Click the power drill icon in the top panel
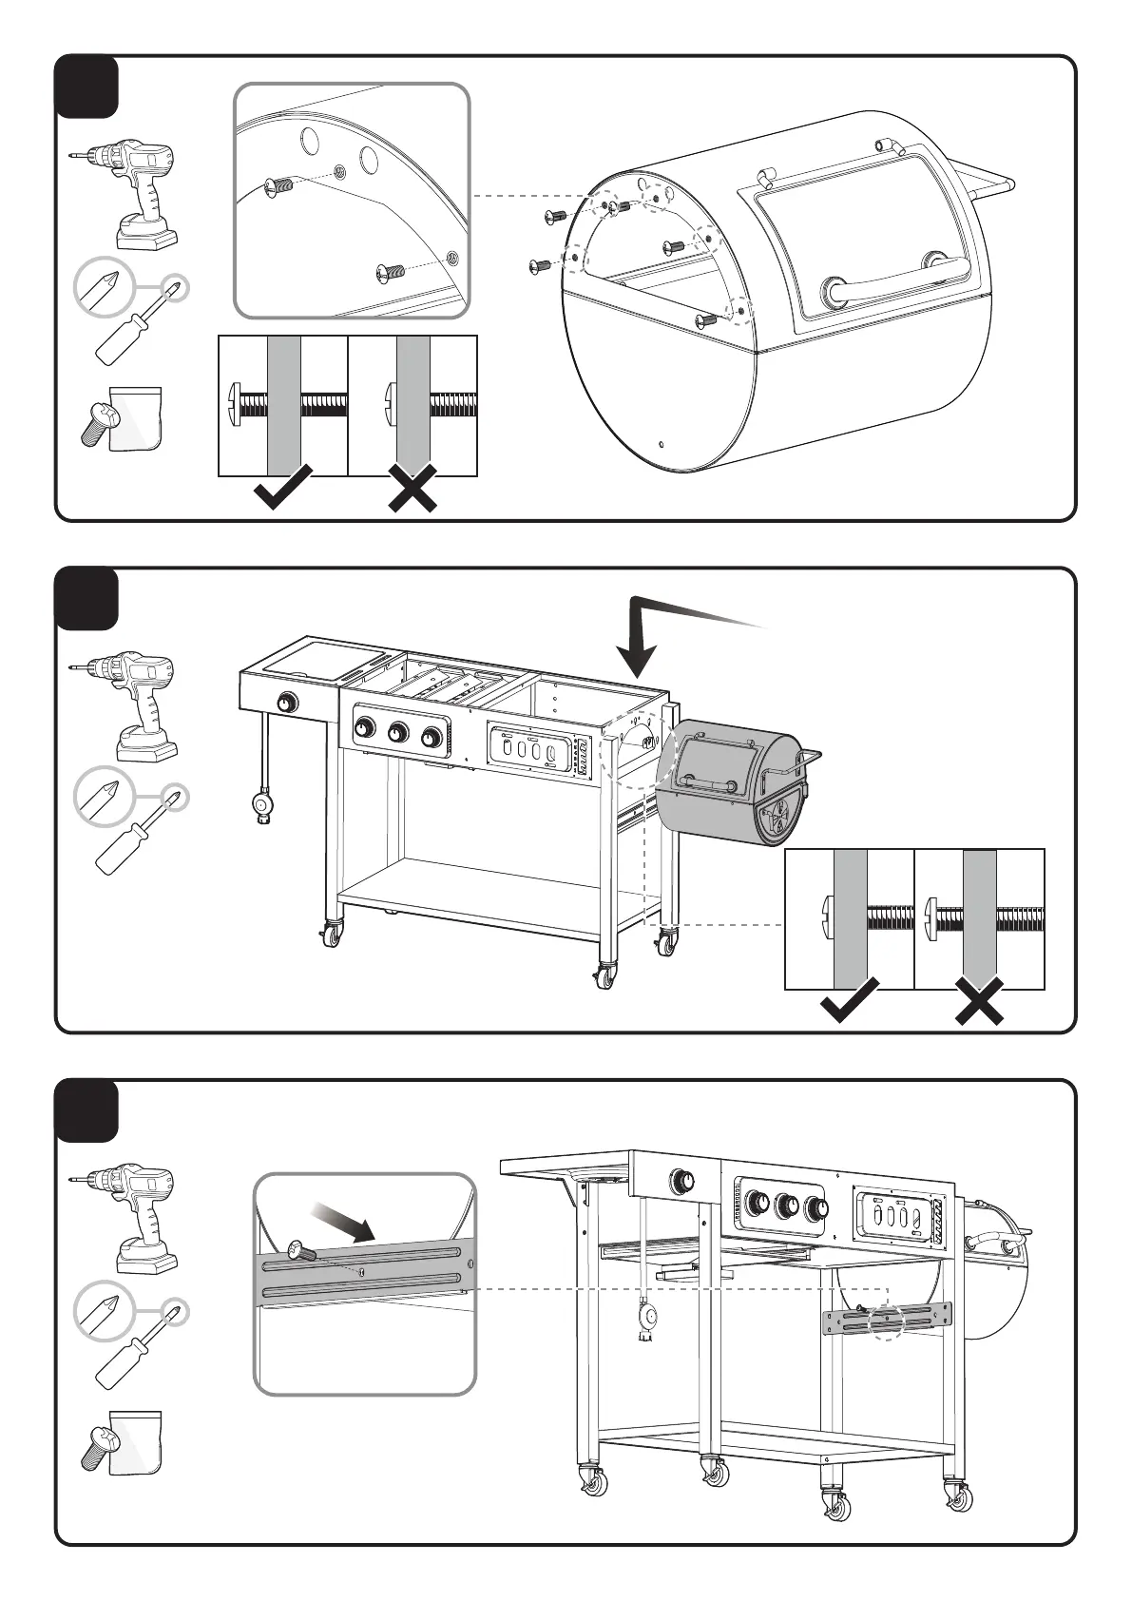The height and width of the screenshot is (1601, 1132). click(124, 194)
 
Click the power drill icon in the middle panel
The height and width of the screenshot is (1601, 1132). click(124, 705)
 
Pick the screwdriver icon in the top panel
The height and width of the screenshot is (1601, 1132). click(133, 323)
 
